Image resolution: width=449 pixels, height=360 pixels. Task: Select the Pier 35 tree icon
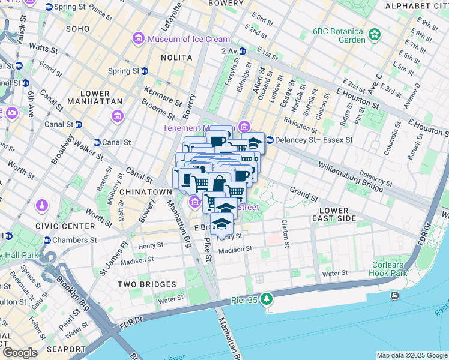click(x=266, y=298)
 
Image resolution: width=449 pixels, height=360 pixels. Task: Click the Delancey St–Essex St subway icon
click(x=270, y=140)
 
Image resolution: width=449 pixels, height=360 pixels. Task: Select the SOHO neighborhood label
click(x=77, y=28)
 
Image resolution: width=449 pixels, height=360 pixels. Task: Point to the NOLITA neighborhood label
click(x=176, y=58)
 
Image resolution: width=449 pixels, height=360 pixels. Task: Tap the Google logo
click(x=20, y=353)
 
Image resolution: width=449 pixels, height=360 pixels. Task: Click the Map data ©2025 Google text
click(x=411, y=355)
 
